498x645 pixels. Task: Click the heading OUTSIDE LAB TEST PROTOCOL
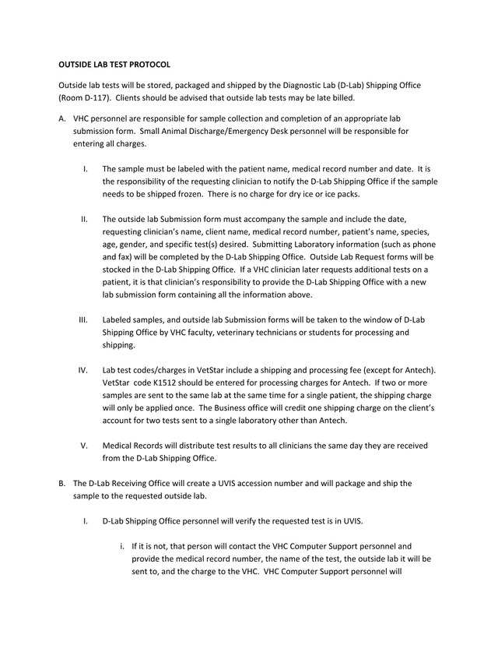tap(114, 64)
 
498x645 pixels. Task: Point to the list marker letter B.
tap(62, 483)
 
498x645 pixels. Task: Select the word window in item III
tap(366, 320)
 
